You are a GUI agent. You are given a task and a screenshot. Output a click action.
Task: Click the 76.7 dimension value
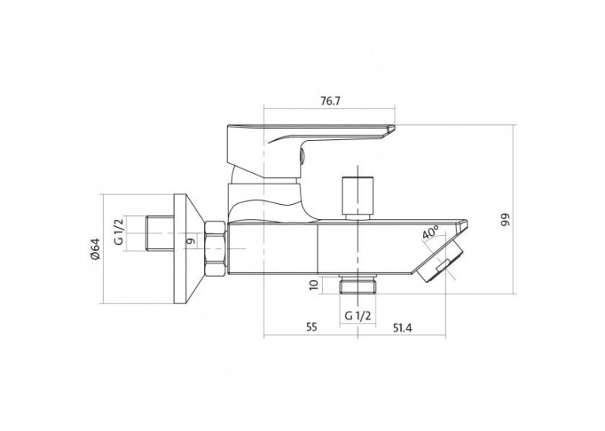331,101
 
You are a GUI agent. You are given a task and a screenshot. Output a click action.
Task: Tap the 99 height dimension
505,219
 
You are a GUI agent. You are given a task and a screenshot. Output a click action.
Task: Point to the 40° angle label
430,233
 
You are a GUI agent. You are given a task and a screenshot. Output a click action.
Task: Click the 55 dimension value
312,327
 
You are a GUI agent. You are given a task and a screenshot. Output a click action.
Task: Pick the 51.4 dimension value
403,328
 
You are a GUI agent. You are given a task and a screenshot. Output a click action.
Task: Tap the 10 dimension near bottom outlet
314,285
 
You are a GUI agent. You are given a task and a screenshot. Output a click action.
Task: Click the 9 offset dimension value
190,241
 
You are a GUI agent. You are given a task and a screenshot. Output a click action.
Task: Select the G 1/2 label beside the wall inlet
119,232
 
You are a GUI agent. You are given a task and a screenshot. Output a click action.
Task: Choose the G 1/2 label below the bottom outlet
357,316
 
